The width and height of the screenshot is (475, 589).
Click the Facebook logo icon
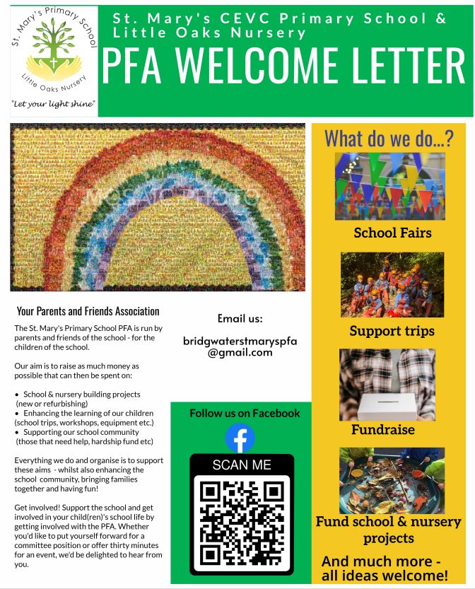click(240, 438)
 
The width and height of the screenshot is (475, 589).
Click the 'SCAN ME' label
click(241, 465)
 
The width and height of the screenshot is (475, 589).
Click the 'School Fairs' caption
click(392, 233)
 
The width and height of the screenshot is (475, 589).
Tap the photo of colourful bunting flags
click(389, 185)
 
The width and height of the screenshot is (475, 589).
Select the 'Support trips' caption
click(392, 331)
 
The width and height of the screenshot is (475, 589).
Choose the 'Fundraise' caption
click(382, 429)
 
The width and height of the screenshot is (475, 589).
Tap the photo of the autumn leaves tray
click(391, 480)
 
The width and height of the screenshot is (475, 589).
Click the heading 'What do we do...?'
click(388, 139)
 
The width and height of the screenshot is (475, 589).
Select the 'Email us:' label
click(240, 318)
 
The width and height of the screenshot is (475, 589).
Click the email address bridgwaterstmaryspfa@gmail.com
click(240, 346)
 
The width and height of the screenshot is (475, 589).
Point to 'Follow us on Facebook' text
click(245, 413)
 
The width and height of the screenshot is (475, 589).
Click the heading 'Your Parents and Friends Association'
click(88, 311)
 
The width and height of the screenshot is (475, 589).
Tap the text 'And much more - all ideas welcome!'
click(385, 568)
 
